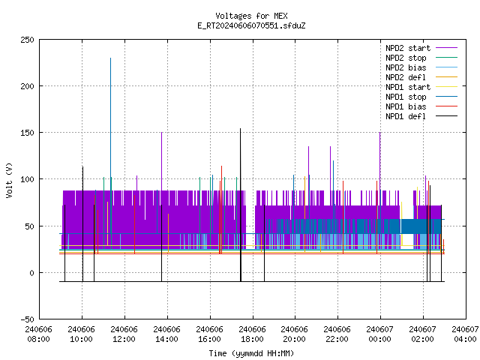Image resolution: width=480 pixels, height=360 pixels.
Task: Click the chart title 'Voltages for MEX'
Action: point(251,16)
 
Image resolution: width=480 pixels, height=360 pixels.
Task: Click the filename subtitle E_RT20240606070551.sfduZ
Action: point(251,25)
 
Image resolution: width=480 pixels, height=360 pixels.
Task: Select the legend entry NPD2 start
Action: point(421,48)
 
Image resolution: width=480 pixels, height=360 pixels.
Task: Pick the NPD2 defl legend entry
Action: point(421,77)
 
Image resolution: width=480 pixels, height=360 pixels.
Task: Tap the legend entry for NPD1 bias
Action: point(421,106)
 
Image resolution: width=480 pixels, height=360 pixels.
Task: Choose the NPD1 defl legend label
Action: point(421,116)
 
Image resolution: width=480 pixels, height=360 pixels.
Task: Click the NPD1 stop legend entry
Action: point(421,97)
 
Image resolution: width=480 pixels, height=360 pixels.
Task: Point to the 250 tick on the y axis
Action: point(27,40)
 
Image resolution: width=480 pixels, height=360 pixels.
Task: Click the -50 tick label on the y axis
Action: point(27,319)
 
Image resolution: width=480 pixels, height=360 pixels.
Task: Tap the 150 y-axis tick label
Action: point(27,133)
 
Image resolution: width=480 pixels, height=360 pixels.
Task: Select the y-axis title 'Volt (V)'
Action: point(9,180)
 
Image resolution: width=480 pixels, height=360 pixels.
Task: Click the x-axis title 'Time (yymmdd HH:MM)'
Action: point(251,353)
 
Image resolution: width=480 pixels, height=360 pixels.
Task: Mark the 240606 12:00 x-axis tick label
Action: point(124,334)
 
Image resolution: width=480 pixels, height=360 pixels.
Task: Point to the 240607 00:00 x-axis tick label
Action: point(380,334)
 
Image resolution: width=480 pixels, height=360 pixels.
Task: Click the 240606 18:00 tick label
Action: point(252,334)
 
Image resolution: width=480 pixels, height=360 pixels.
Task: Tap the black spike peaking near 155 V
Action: point(241,205)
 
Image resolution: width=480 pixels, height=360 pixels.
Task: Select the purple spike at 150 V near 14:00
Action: point(162,161)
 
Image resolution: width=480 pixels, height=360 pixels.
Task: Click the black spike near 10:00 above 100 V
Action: point(82,224)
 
